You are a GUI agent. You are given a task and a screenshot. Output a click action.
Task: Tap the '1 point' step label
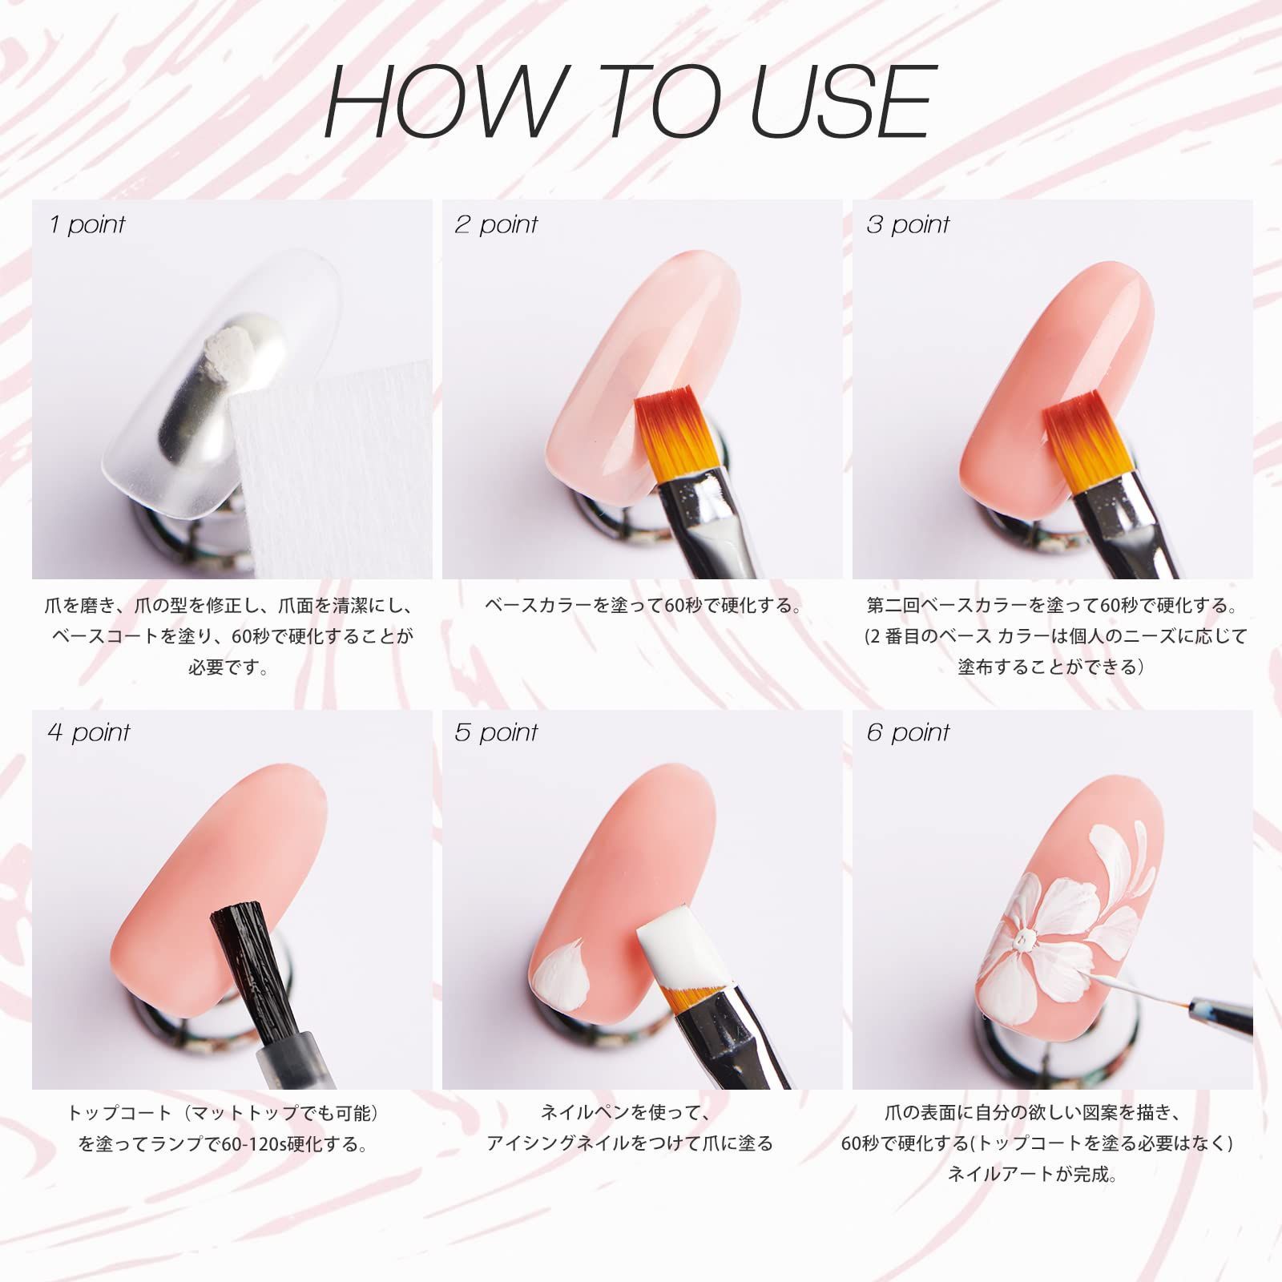(87, 224)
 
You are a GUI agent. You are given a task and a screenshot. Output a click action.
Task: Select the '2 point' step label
(496, 224)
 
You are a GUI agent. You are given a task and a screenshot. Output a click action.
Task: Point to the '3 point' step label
(907, 224)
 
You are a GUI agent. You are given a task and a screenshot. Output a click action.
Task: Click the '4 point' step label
(89, 732)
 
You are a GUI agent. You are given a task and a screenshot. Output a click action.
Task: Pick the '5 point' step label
(496, 732)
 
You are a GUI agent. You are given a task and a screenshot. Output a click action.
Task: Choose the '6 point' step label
(908, 732)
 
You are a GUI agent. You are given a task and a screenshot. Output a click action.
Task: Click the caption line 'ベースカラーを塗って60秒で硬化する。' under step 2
(643, 605)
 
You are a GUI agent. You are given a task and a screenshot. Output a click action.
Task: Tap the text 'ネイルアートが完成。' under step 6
(1033, 1175)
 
